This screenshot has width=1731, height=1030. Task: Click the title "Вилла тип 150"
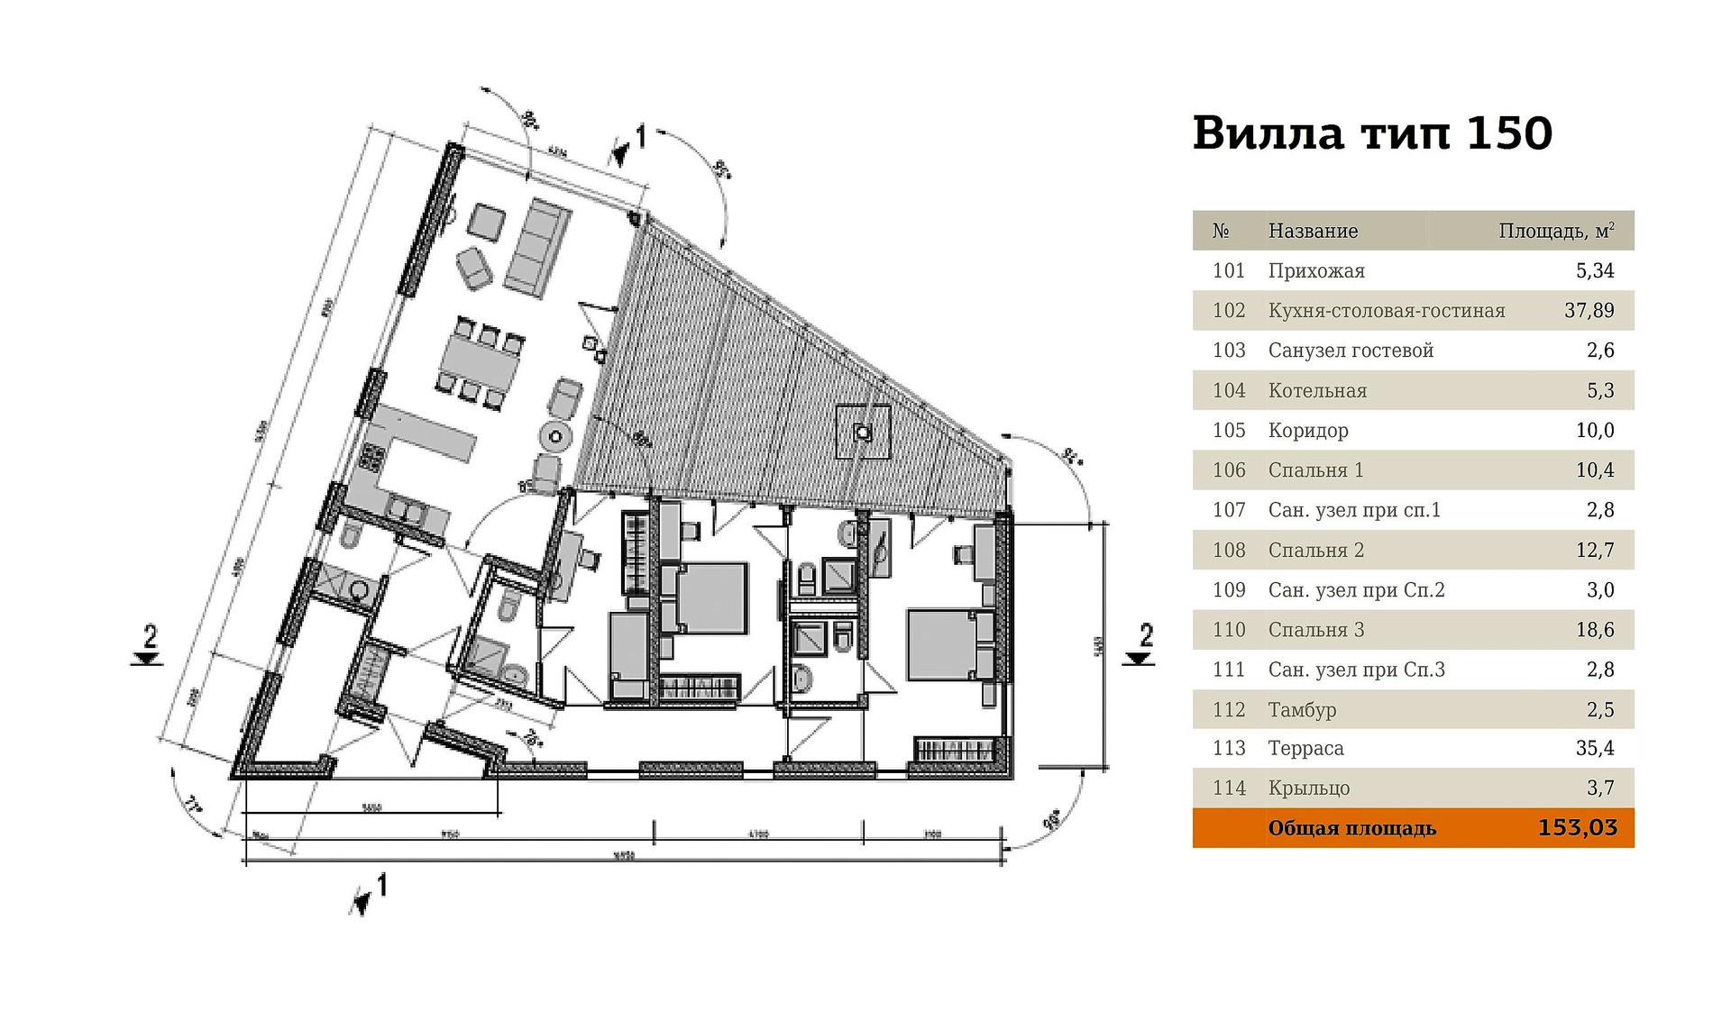(x=1372, y=133)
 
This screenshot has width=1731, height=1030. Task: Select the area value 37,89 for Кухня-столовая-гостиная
(x=1589, y=311)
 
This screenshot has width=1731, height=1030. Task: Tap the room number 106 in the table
(x=1229, y=470)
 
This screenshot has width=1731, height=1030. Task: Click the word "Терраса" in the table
(x=1305, y=749)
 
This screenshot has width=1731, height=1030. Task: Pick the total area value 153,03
(x=1577, y=828)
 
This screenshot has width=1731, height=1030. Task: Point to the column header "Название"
(x=1313, y=232)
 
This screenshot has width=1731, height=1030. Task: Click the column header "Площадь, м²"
(x=1556, y=232)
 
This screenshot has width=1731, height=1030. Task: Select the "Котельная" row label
(x=1317, y=391)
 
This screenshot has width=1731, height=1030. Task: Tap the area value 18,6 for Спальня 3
(x=1594, y=630)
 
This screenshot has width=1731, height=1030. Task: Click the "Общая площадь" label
(x=1351, y=828)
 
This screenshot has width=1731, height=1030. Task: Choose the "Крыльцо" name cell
(x=1308, y=788)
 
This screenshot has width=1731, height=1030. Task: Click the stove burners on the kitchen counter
(x=371, y=457)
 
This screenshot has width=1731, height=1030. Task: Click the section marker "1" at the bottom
(x=381, y=887)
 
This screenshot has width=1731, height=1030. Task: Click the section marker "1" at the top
(x=640, y=138)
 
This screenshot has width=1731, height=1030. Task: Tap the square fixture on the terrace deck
(x=863, y=433)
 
